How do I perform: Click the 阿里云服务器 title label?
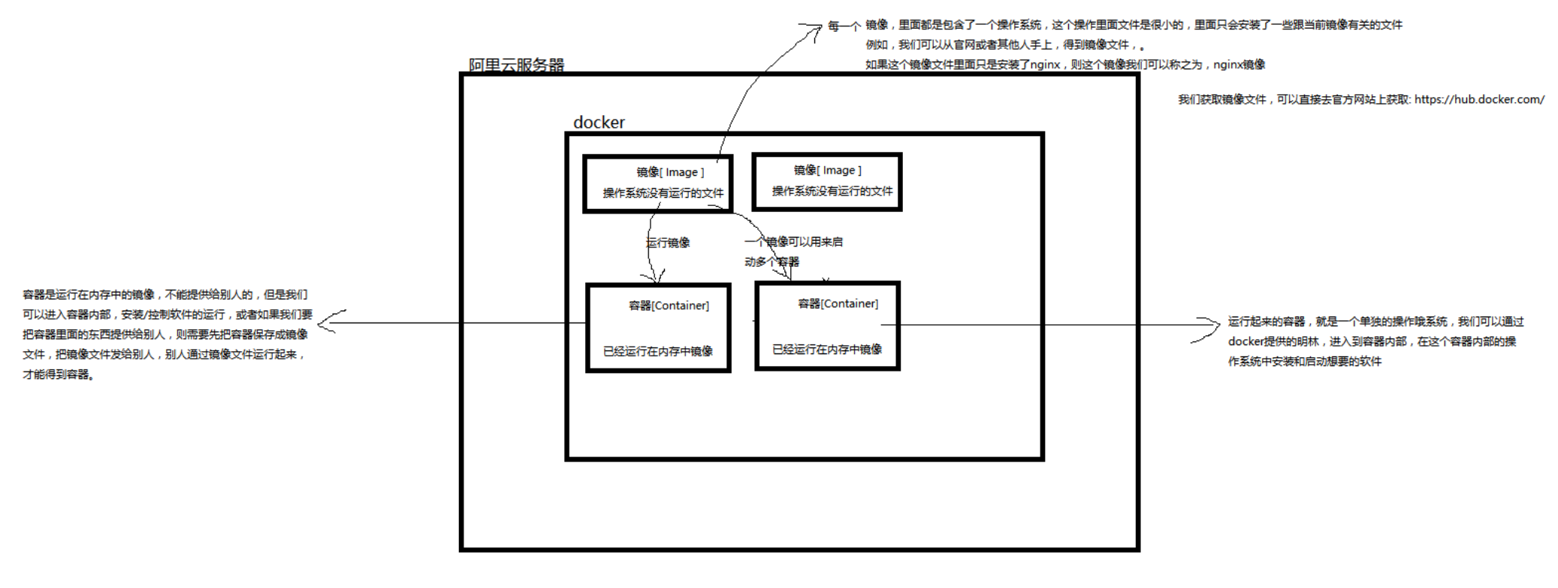516,65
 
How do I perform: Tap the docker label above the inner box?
599,123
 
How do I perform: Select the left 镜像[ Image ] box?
657,183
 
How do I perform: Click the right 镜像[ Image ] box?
826,182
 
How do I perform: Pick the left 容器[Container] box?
658,328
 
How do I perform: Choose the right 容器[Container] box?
827,326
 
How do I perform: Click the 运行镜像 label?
668,242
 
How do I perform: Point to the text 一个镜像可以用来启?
793,241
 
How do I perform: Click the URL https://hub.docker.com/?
1479,99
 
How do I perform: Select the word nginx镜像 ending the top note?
1239,65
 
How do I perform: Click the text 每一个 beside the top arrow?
844,26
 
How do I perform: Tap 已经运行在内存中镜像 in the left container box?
658,351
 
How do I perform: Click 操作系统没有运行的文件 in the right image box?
832,191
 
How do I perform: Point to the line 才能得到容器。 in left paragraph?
59,374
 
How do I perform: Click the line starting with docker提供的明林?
1372,341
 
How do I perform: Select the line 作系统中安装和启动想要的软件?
1304,361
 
